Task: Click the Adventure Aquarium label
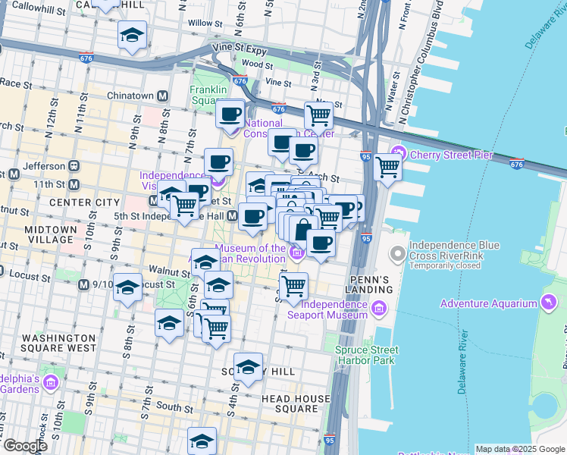tap(490, 304)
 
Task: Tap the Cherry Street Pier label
tap(451, 155)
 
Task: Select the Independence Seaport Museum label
tap(334, 309)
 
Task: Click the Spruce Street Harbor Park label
tap(366, 355)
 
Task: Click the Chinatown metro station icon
tap(162, 96)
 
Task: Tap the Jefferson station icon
tap(74, 165)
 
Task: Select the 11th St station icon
tap(74, 184)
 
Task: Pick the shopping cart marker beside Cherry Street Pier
tap(387, 165)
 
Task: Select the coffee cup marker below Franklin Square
tap(230, 115)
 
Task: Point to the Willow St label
tap(204, 23)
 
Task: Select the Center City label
tap(84, 202)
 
